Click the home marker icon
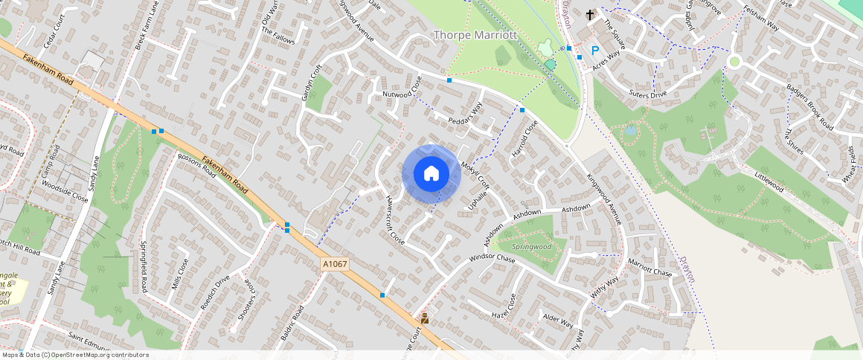431,174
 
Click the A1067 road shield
335,263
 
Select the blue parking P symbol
594,50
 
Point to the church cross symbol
590,14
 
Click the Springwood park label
531,246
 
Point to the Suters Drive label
647,94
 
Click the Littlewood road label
769,183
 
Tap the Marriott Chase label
649,268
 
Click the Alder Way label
558,321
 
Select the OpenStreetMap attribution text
76,355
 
